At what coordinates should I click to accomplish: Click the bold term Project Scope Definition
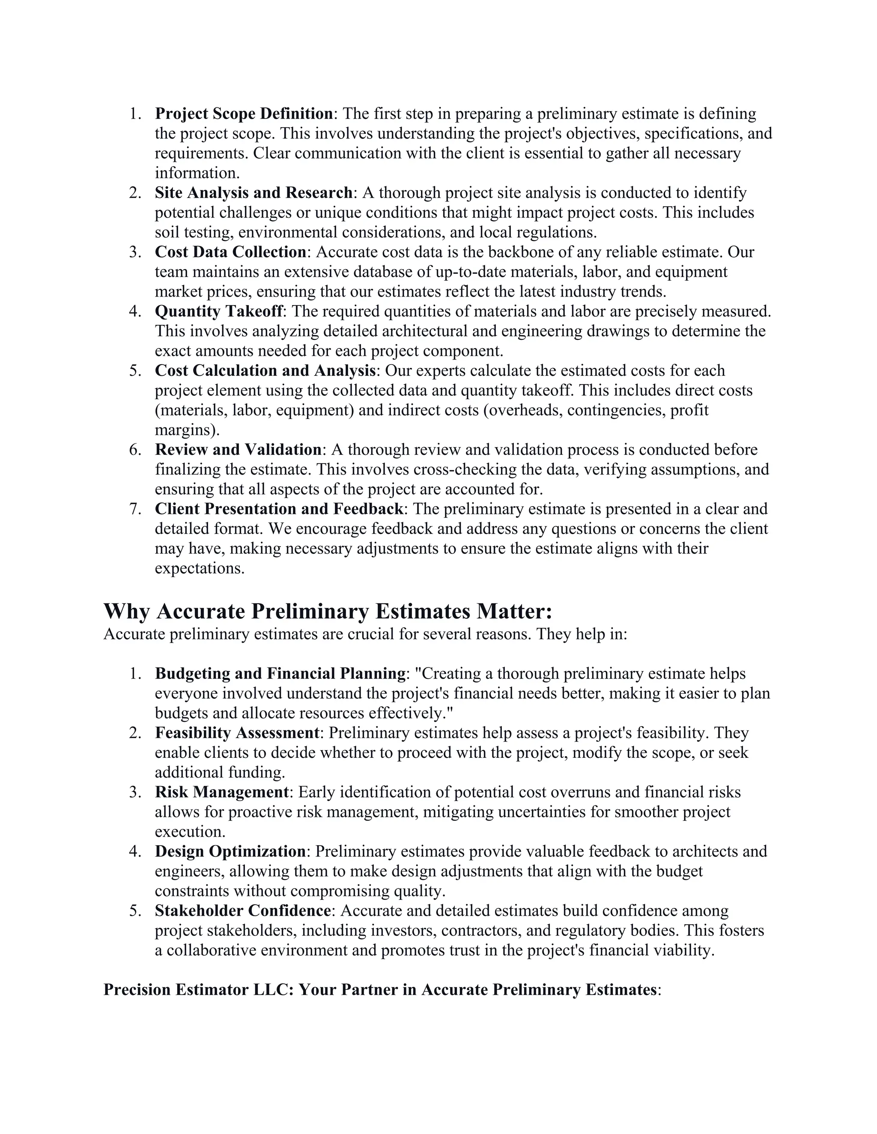click(244, 114)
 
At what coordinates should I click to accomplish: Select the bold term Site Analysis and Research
click(254, 193)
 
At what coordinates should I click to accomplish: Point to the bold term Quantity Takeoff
click(219, 312)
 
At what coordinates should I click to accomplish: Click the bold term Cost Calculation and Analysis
click(265, 371)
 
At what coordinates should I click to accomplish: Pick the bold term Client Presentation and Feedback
click(279, 509)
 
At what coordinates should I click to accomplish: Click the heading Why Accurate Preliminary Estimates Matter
click(327, 611)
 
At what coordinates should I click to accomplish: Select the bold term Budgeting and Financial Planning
click(280, 674)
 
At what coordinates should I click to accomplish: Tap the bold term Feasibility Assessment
click(237, 733)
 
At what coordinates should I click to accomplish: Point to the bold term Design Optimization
click(230, 851)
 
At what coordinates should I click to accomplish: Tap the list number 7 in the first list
click(134, 509)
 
